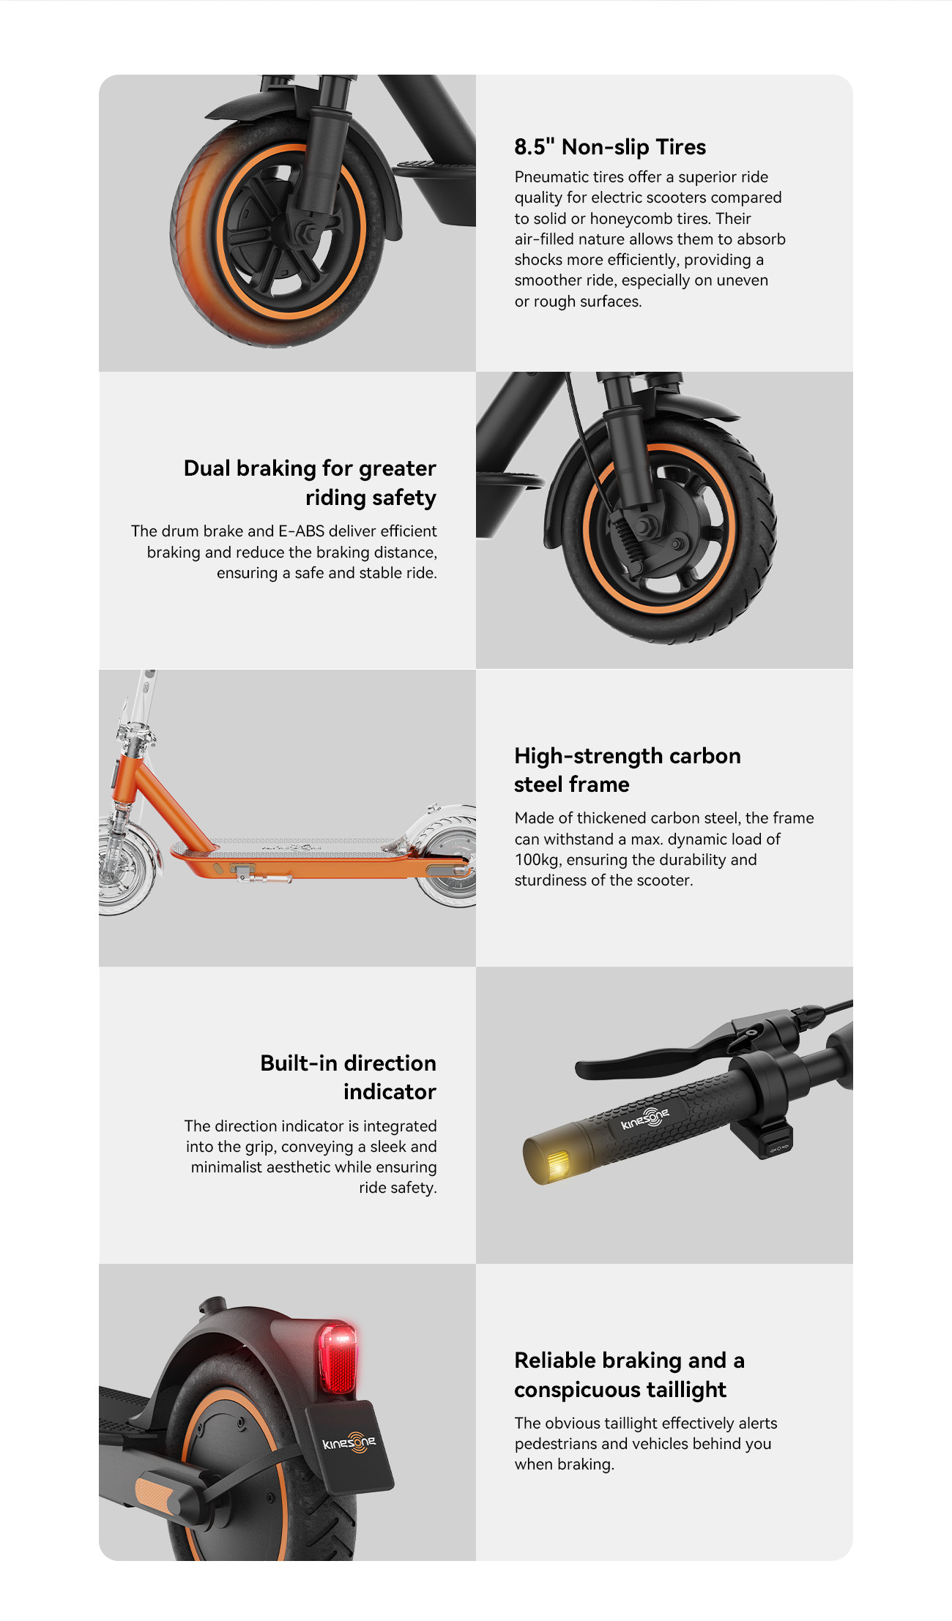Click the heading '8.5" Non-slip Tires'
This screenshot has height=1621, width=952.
click(x=610, y=147)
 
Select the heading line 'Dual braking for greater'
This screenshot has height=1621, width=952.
click(x=310, y=468)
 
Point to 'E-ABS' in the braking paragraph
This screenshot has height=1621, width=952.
click(x=301, y=531)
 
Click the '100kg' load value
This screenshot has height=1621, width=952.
click(x=537, y=860)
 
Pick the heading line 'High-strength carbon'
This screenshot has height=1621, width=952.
click(x=628, y=756)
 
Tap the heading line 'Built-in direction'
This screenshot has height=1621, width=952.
click(x=349, y=1063)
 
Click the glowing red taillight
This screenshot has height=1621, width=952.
click(x=337, y=1359)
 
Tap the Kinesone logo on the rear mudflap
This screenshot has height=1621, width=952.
click(x=349, y=1442)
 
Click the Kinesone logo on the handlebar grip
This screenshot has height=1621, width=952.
click(x=645, y=1118)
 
